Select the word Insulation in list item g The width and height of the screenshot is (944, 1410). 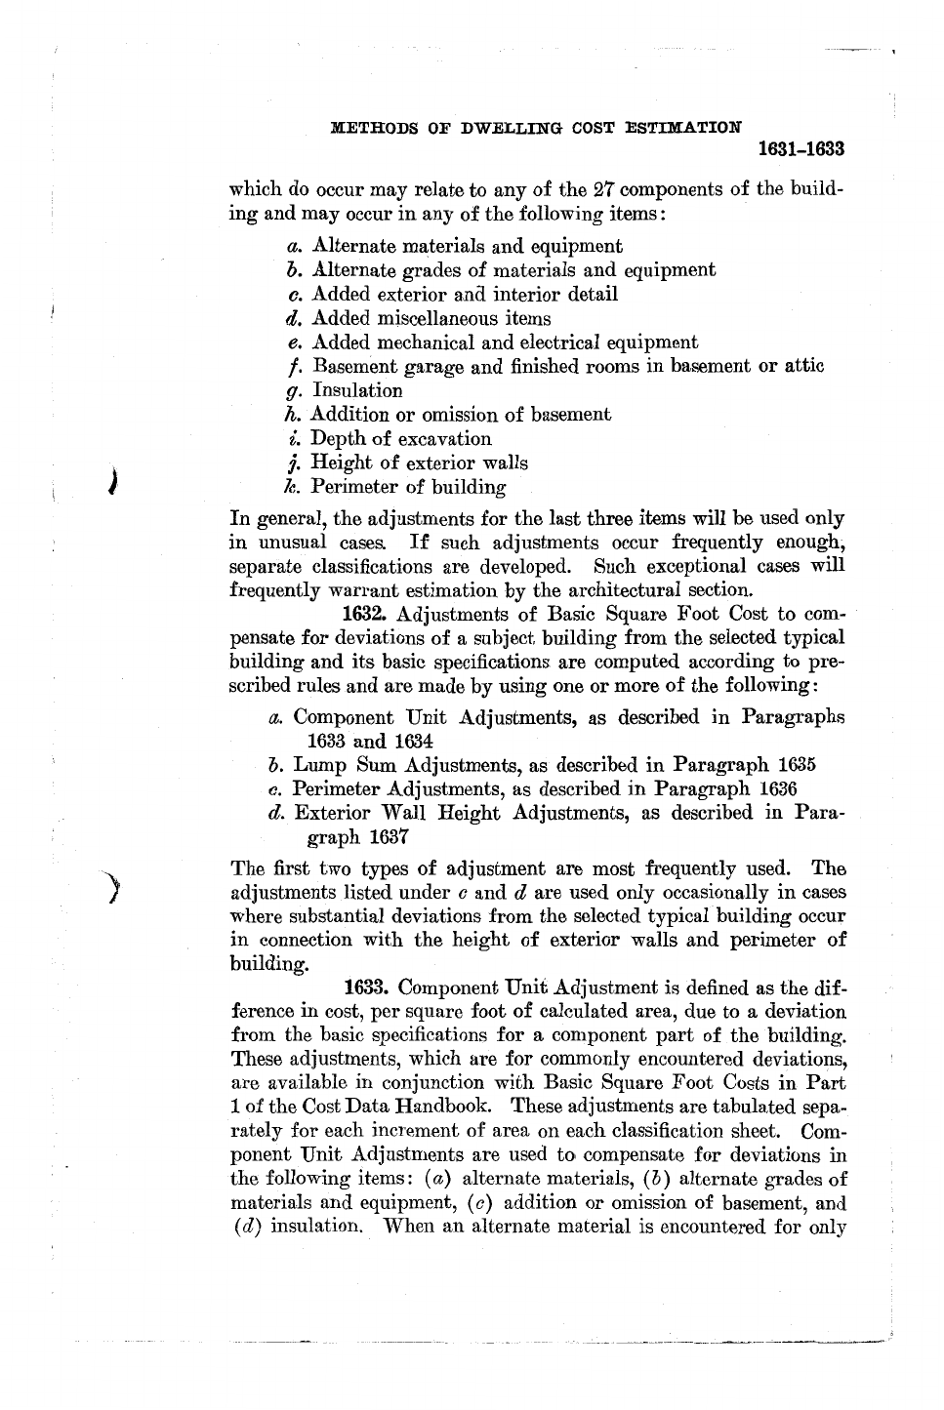357,391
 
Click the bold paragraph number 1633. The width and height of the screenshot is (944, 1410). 368,987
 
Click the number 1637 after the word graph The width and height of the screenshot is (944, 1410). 388,837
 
